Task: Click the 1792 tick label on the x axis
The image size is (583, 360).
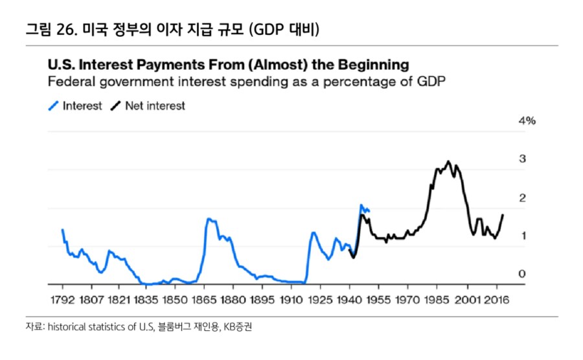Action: (x=63, y=301)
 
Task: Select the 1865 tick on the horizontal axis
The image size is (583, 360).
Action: (x=204, y=301)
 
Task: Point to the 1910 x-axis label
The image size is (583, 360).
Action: (x=290, y=301)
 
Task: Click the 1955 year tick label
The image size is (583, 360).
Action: (x=378, y=301)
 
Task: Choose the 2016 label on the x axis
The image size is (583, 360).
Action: (x=495, y=301)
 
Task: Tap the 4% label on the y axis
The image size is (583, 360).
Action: (x=527, y=121)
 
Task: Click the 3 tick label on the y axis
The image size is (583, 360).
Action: (x=522, y=159)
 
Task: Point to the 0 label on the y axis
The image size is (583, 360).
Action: (x=522, y=274)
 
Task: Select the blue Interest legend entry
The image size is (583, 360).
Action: (x=76, y=106)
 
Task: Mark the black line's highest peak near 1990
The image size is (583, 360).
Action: (x=448, y=161)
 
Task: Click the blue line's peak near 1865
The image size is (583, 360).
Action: (x=208, y=219)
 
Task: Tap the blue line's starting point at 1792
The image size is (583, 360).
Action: (x=62, y=229)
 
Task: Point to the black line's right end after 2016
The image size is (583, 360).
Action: (x=503, y=215)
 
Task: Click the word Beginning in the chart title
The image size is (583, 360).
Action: (x=374, y=65)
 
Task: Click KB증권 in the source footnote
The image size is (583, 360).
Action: (x=236, y=328)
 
